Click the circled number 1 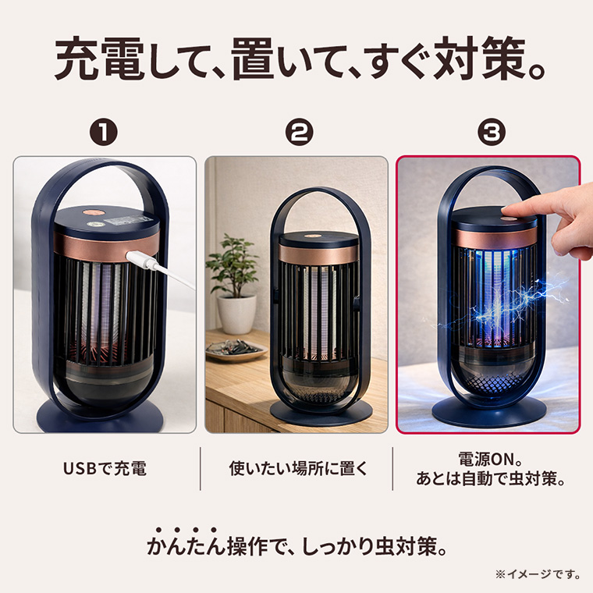104,132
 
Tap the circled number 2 299,132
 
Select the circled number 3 492,132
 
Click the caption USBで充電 105,469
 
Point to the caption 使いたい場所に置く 298,469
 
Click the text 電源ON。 491,460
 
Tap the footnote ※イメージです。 538,574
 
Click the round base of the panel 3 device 489,412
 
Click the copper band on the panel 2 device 318,254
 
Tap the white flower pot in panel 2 236,315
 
